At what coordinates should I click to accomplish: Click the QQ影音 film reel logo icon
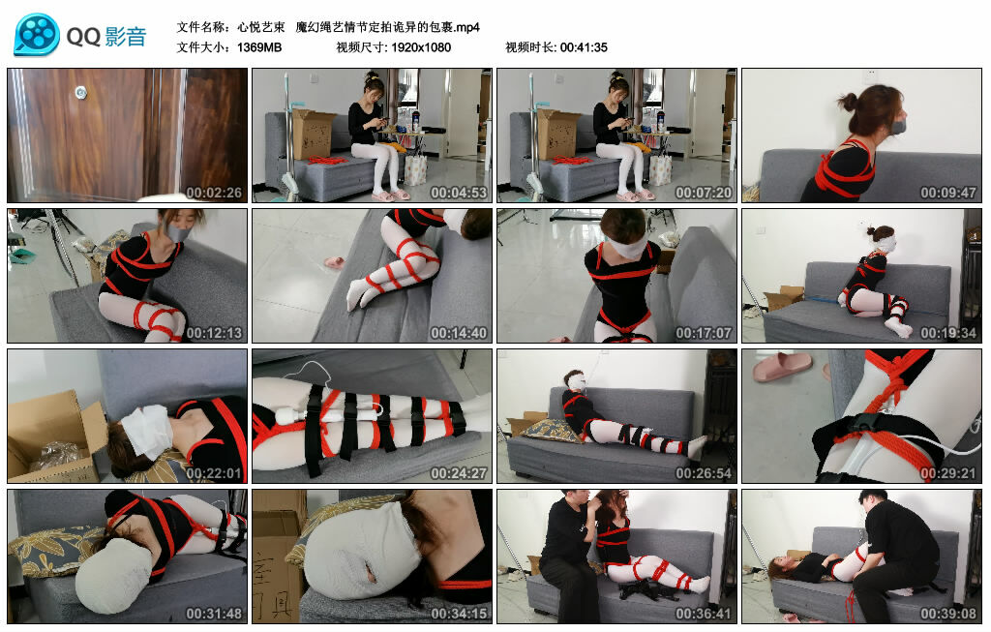pyautogui.click(x=36, y=35)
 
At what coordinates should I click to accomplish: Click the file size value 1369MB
pyautogui.click(x=259, y=47)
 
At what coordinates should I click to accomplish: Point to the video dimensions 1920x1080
pyautogui.click(x=421, y=47)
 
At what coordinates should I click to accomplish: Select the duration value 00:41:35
pyautogui.click(x=584, y=47)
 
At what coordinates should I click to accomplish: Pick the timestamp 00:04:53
pyautogui.click(x=458, y=193)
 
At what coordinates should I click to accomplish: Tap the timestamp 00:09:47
pyautogui.click(x=947, y=193)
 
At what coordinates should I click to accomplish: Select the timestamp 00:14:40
pyautogui.click(x=458, y=333)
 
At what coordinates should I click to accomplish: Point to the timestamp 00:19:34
pyautogui.click(x=947, y=333)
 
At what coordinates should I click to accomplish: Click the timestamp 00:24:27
pyautogui.click(x=458, y=473)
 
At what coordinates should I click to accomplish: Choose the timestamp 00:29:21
pyautogui.click(x=947, y=473)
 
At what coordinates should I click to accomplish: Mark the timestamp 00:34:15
pyautogui.click(x=458, y=614)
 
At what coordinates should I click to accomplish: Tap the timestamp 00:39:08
pyautogui.click(x=947, y=614)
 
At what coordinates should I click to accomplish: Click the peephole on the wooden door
pyautogui.click(x=80, y=93)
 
